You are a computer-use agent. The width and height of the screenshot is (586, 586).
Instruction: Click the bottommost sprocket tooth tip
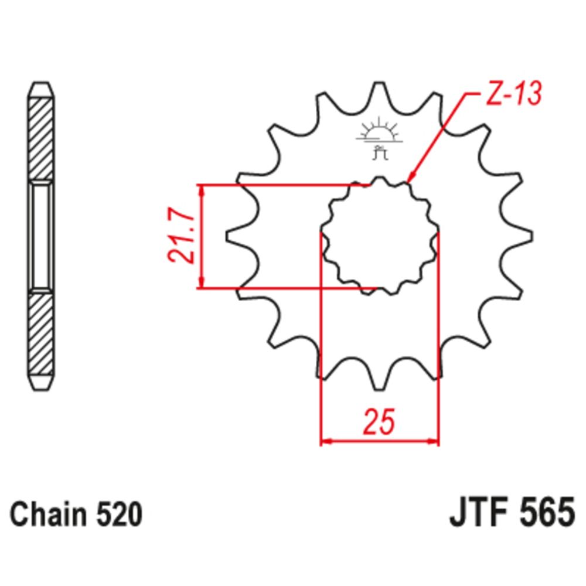380,384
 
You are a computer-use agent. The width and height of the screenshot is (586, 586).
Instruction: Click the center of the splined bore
380,236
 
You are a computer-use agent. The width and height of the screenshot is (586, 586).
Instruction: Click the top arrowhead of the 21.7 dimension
202,190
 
